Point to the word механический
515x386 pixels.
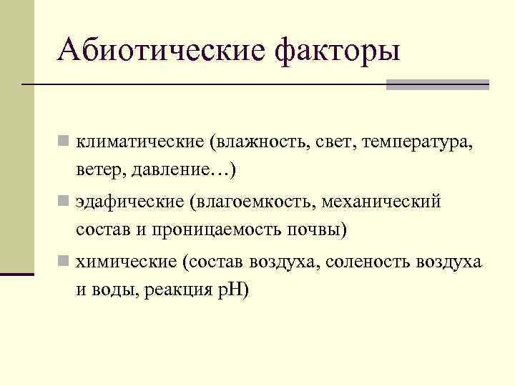(381, 202)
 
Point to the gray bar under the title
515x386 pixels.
(437, 84)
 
